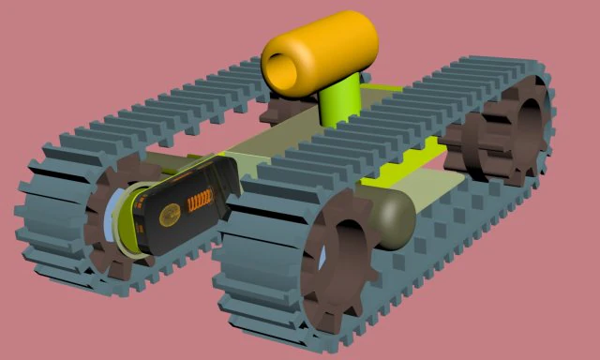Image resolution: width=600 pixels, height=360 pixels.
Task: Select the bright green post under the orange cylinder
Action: click(x=339, y=101)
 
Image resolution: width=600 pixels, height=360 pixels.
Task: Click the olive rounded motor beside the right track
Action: click(x=384, y=219)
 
